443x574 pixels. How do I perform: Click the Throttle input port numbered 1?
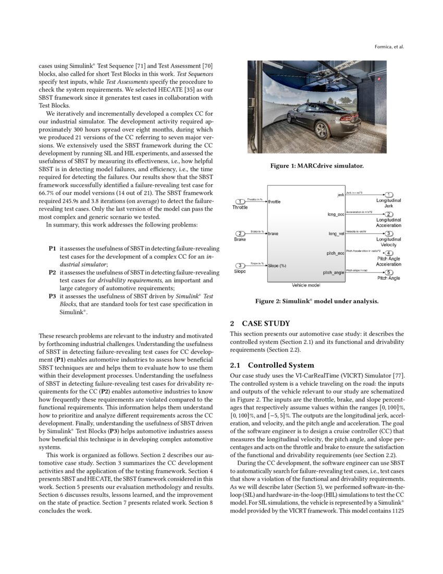click(240, 201)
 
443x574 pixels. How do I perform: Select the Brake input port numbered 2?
click(240, 233)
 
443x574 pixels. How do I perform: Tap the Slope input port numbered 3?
click(240, 266)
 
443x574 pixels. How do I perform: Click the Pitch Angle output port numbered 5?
click(389, 272)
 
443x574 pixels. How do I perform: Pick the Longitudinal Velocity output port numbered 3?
click(389, 233)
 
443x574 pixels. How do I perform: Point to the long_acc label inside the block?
click(336, 214)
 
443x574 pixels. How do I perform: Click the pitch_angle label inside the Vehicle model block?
click(334, 272)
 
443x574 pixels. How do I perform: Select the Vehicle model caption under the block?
click(306, 285)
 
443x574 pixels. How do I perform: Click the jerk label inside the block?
click(340, 195)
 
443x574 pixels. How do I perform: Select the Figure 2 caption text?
click(316, 301)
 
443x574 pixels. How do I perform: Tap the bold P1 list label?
click(52, 249)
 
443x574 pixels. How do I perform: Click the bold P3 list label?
click(52, 296)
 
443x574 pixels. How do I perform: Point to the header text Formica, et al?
click(389, 47)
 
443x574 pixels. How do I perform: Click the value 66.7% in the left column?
click(47, 193)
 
